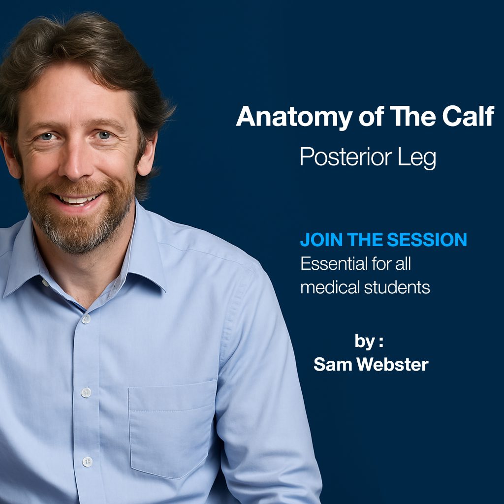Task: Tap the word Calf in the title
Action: [x=468, y=117]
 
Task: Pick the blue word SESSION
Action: [x=427, y=240]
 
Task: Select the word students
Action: [x=398, y=287]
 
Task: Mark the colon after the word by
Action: [x=381, y=341]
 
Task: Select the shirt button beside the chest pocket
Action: [x=86, y=392]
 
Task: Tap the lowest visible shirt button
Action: [x=87, y=462]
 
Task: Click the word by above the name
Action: [x=364, y=341]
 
